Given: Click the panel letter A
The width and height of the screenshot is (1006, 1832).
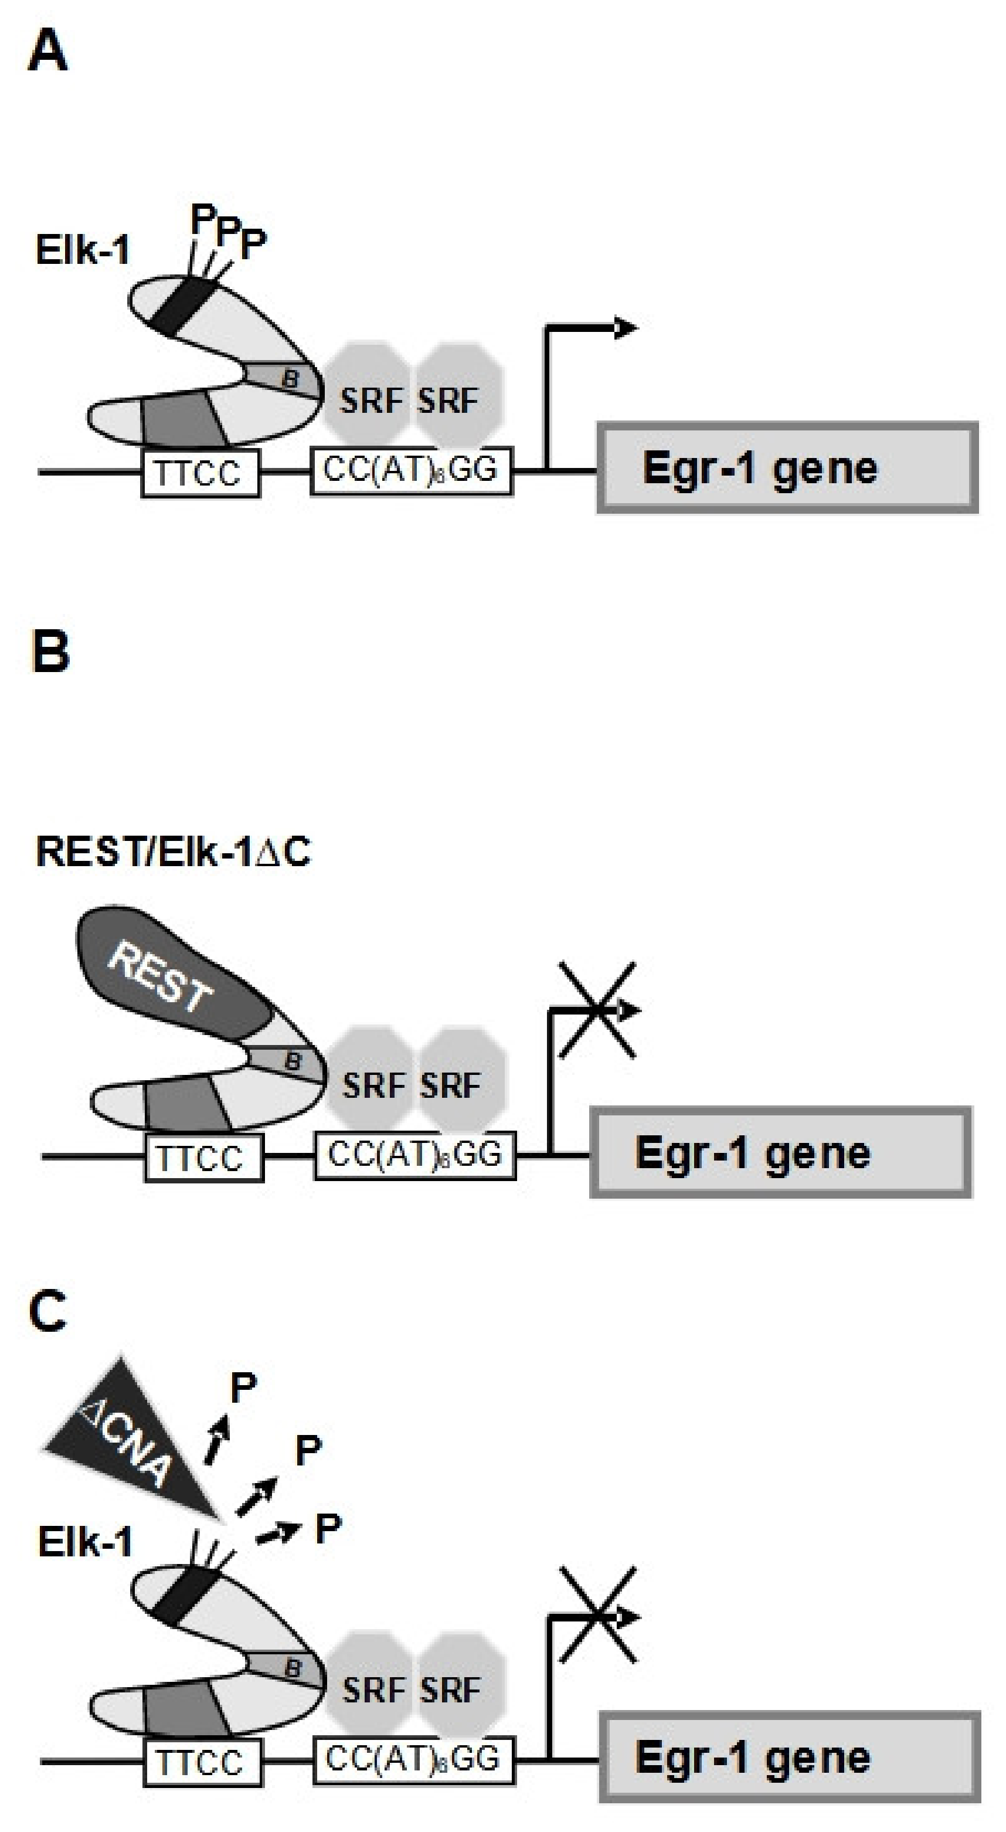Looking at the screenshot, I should (47, 53).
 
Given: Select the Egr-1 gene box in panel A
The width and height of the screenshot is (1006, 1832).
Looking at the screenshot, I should (786, 468).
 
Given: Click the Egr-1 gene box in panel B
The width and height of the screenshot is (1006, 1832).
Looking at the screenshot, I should (780, 1152).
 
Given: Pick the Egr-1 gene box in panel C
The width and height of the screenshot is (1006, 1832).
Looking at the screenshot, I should (789, 1758).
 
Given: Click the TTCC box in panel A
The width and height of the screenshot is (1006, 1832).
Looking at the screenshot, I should (200, 473).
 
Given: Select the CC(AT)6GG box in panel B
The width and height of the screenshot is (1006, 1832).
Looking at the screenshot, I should (414, 1156).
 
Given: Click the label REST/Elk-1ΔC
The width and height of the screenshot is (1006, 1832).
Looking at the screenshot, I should (173, 851).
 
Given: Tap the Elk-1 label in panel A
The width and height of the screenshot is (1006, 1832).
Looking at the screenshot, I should (83, 250).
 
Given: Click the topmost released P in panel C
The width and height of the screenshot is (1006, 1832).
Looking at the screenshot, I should (243, 1387).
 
